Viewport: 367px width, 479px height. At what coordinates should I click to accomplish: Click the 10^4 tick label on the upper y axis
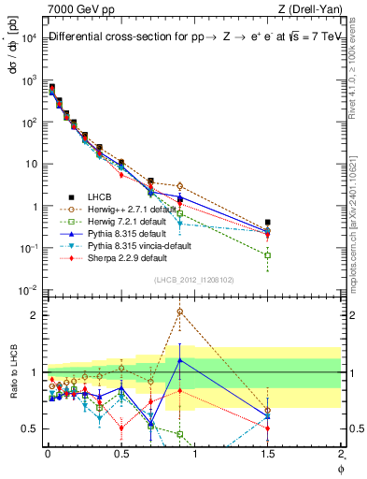click(29, 37)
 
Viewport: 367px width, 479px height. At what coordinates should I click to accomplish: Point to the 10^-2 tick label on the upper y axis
click(29, 290)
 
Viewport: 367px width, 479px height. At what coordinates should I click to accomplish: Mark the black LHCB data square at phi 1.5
click(268, 223)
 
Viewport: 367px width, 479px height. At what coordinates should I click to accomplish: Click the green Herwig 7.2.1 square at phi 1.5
click(268, 254)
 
